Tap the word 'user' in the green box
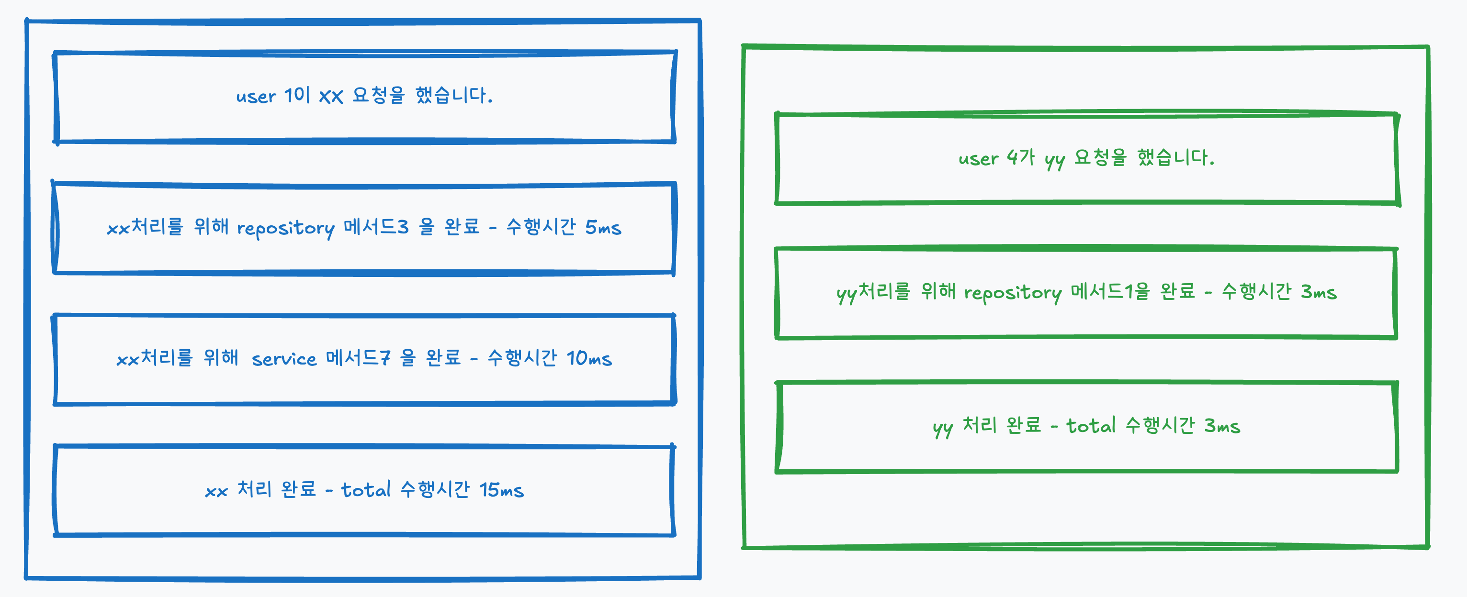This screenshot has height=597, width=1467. point(978,158)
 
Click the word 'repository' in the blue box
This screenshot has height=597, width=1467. point(285,229)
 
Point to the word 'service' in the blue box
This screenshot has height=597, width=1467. point(283,359)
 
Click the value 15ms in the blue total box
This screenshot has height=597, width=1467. point(501,490)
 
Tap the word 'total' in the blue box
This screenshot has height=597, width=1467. point(366,490)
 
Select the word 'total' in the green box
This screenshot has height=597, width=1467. point(1091,426)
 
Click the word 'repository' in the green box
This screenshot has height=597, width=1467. point(1013,293)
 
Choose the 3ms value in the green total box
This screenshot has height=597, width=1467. point(1222,426)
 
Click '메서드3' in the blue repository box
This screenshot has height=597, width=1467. point(376,228)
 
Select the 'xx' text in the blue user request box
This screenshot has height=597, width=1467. point(331,97)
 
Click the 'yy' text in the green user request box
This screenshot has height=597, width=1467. point(1055,160)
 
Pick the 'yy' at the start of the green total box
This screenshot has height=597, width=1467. point(943,427)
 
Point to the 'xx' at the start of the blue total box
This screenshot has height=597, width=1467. point(216,491)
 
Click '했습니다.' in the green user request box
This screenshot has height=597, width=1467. point(1175,158)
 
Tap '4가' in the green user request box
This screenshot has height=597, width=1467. point(1020,157)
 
